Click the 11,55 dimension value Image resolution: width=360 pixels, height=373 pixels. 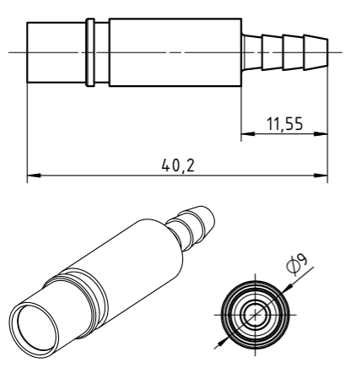[x=285, y=124]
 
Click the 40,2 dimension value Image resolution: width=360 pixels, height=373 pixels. [x=178, y=165]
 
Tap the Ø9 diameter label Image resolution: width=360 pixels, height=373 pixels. [x=297, y=265]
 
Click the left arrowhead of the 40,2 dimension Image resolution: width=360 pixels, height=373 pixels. [x=34, y=176]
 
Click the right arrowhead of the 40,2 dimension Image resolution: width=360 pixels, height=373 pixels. [x=320, y=176]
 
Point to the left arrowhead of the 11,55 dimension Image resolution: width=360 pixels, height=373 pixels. [x=248, y=134]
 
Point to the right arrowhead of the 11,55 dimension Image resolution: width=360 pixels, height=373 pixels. [x=320, y=134]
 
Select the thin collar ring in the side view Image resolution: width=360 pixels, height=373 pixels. [x=90, y=52]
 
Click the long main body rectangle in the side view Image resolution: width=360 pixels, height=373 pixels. [x=175, y=52]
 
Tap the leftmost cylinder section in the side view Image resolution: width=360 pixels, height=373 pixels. [x=56, y=52]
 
